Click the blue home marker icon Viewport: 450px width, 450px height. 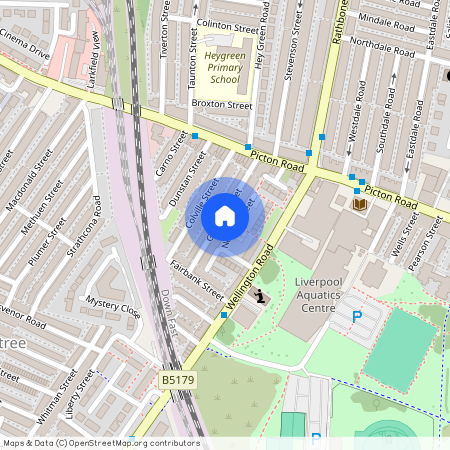pos(225,215)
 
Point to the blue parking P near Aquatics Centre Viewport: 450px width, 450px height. pos(356,317)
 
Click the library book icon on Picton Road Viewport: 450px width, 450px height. pos(360,204)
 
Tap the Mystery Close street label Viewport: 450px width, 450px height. pos(112,305)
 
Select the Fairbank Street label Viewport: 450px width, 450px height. pos(197,278)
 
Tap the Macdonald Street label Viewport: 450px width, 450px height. pos(29,184)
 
